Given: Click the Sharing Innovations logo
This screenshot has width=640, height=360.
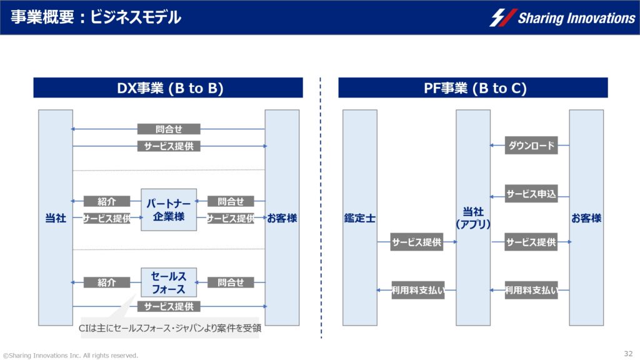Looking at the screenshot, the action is [562, 17].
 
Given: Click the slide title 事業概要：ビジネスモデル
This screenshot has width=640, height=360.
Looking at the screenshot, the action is [96, 17].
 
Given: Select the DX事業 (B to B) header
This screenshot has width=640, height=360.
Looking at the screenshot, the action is [168, 87].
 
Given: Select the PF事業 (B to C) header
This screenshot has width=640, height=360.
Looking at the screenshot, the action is [473, 87].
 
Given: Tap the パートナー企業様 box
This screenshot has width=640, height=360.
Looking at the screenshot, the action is [169, 210].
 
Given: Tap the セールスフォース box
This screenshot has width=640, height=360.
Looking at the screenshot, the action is [169, 282].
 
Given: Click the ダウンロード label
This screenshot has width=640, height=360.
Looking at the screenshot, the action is [531, 145].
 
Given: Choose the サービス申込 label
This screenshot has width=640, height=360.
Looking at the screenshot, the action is [531, 194].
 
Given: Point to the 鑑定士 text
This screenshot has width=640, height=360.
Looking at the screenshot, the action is [359, 218].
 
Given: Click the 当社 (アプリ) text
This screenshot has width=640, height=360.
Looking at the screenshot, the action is [473, 218].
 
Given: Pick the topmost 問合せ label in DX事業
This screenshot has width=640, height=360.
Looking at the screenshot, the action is [169, 129].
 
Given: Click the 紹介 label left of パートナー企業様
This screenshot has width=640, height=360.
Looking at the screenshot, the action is [107, 201].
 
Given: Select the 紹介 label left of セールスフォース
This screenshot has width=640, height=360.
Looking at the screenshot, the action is [107, 282].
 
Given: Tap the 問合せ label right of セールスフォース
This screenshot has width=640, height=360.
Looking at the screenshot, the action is [231, 282].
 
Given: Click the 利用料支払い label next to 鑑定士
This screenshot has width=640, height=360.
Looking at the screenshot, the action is [418, 290].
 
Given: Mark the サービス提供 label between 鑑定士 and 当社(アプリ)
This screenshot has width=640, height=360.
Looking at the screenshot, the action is [417, 242].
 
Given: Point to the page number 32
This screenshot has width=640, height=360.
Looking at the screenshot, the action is [628, 354].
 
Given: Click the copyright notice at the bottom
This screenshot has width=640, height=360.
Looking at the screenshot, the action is [70, 356].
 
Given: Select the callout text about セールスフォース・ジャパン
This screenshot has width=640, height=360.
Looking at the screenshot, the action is [170, 327].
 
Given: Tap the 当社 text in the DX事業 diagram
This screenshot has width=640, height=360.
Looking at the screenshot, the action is [56, 218].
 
